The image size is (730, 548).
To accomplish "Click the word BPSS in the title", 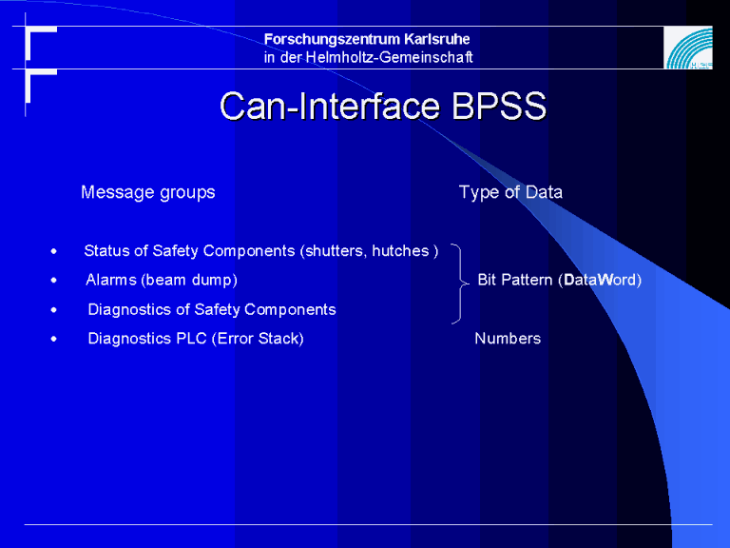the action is point(499,106).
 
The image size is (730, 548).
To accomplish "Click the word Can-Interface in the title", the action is point(330,106).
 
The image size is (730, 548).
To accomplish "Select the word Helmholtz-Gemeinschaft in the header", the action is point(389,57).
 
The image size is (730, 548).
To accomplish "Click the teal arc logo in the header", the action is point(688,48).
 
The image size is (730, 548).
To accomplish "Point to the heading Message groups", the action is point(148,192).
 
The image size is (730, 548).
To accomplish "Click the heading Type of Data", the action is point(510,192).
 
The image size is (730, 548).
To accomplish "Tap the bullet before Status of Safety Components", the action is point(54,251).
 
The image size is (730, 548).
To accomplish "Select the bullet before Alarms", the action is point(54,281).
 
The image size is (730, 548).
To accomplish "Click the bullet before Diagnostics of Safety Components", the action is point(54,310).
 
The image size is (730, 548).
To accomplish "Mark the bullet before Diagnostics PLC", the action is point(54,340).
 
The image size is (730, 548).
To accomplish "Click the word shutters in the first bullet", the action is point(334,251).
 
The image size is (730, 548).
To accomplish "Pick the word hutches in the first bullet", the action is point(400,251).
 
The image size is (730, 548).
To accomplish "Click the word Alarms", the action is point(111,280).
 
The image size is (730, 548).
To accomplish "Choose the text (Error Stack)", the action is point(258,339).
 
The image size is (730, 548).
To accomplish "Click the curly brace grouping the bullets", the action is point(461,283).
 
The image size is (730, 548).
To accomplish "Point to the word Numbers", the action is point(508,339).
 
